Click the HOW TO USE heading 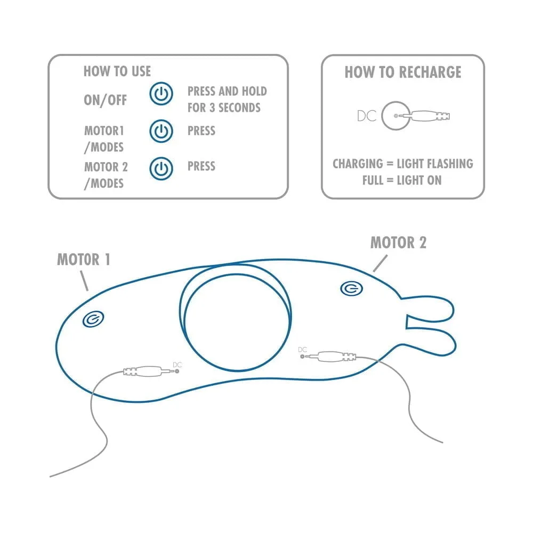pyautogui.click(x=117, y=71)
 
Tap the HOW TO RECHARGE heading pyautogui.click(x=403, y=72)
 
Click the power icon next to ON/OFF pyautogui.click(x=161, y=93)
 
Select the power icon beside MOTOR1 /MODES pyautogui.click(x=161, y=131)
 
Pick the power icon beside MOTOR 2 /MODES pyautogui.click(x=161, y=168)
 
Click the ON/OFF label pyautogui.click(x=106, y=100)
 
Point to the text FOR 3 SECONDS pyautogui.click(x=224, y=108)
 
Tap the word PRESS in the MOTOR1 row pyautogui.click(x=201, y=131)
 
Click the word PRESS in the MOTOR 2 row pyautogui.click(x=201, y=166)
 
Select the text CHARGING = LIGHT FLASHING pyautogui.click(x=403, y=164)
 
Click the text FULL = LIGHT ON pyautogui.click(x=402, y=180)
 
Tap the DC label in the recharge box pyautogui.click(x=367, y=116)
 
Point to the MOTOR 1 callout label pyautogui.click(x=84, y=260)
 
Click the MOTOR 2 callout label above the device pyautogui.click(x=398, y=243)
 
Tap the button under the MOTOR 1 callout pyautogui.click(x=93, y=319)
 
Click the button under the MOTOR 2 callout pyautogui.click(x=351, y=288)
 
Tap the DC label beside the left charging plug pyautogui.click(x=177, y=365)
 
